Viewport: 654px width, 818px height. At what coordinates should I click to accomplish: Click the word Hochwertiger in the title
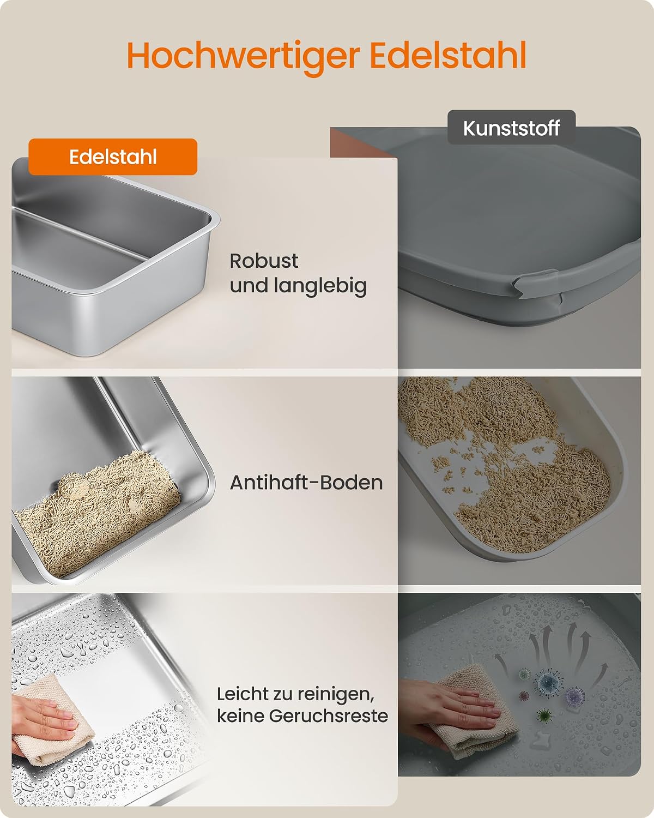point(244,56)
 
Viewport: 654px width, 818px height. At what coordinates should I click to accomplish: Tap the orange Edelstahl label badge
point(113,157)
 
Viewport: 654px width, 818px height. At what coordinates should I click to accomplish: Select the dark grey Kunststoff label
point(512,128)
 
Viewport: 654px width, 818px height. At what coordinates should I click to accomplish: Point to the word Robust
point(264,261)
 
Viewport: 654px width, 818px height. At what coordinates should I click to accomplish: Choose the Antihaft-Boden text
point(306,483)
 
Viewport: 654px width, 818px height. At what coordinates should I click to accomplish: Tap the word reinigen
point(335,694)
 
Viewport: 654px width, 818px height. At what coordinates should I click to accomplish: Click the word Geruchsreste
point(329,716)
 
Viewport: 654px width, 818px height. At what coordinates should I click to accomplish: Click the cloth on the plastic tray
point(475,714)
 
